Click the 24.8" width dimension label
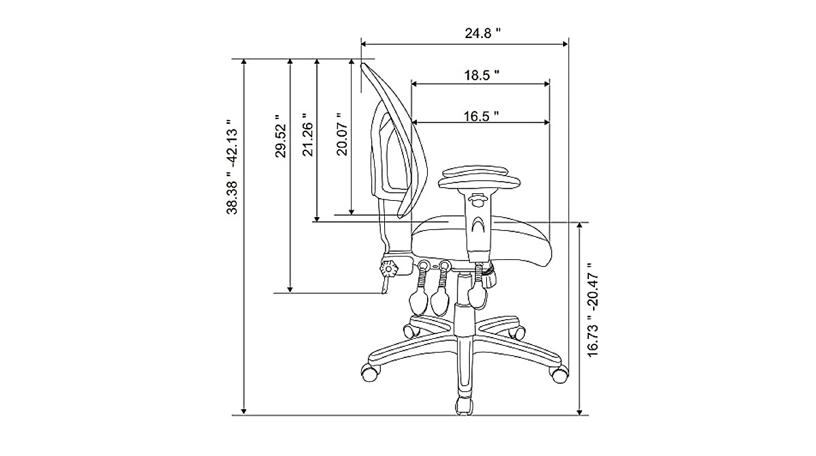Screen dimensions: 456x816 (479, 33)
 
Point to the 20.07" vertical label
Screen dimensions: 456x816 (343, 135)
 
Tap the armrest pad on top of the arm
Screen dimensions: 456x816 (479, 180)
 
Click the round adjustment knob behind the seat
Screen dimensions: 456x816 (390, 269)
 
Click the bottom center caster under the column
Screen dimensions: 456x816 (464, 405)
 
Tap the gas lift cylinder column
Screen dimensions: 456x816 (463, 320)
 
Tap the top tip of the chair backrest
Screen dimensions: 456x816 (364, 64)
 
